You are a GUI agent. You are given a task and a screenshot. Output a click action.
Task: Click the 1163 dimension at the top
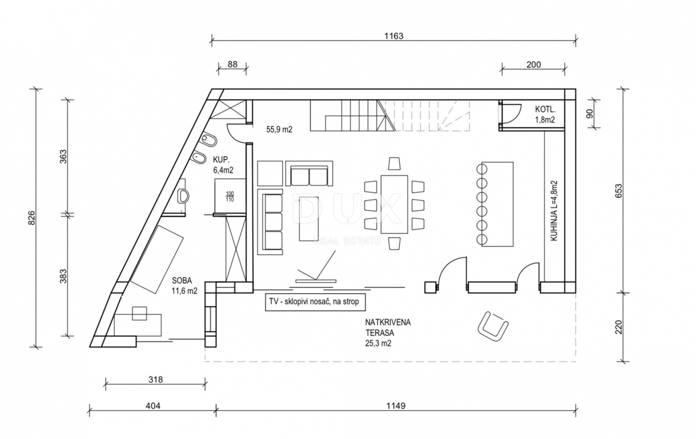coord(393,35)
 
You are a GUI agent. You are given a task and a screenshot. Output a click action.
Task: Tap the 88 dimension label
coord(232,64)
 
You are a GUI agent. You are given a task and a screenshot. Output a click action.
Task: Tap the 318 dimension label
coord(155,380)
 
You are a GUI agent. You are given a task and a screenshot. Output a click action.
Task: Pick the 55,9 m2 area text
coord(279,130)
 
